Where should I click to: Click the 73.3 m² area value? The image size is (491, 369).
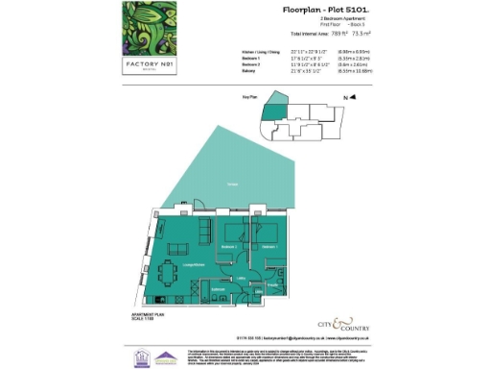335,35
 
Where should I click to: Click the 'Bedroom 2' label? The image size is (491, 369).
228,248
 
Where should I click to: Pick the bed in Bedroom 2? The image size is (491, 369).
234,233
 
